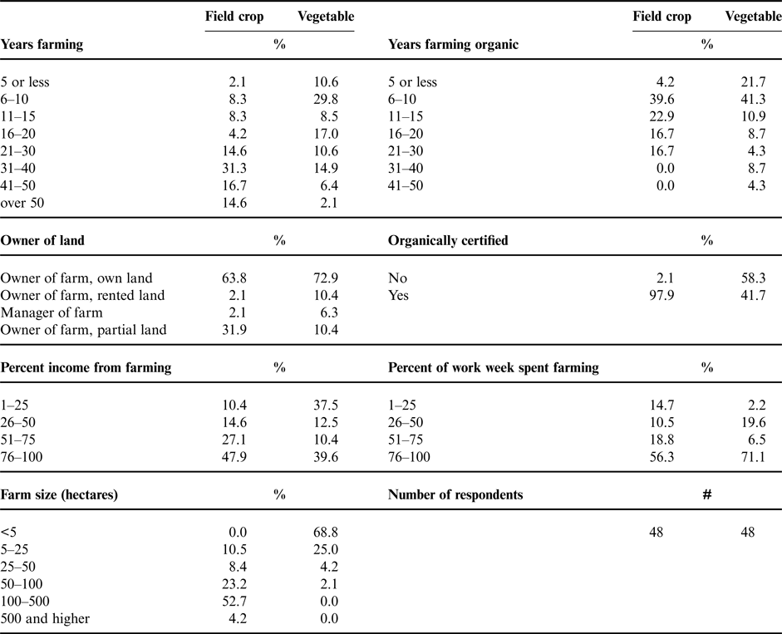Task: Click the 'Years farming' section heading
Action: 42,44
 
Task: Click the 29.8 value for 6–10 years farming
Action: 323,100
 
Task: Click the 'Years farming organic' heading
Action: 453,44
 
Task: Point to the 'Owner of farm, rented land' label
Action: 83,295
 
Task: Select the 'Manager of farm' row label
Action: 52,312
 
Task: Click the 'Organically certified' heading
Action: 448,241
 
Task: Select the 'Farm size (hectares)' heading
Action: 59,494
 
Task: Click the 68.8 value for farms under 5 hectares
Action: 323,531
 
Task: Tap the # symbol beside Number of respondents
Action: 707,494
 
